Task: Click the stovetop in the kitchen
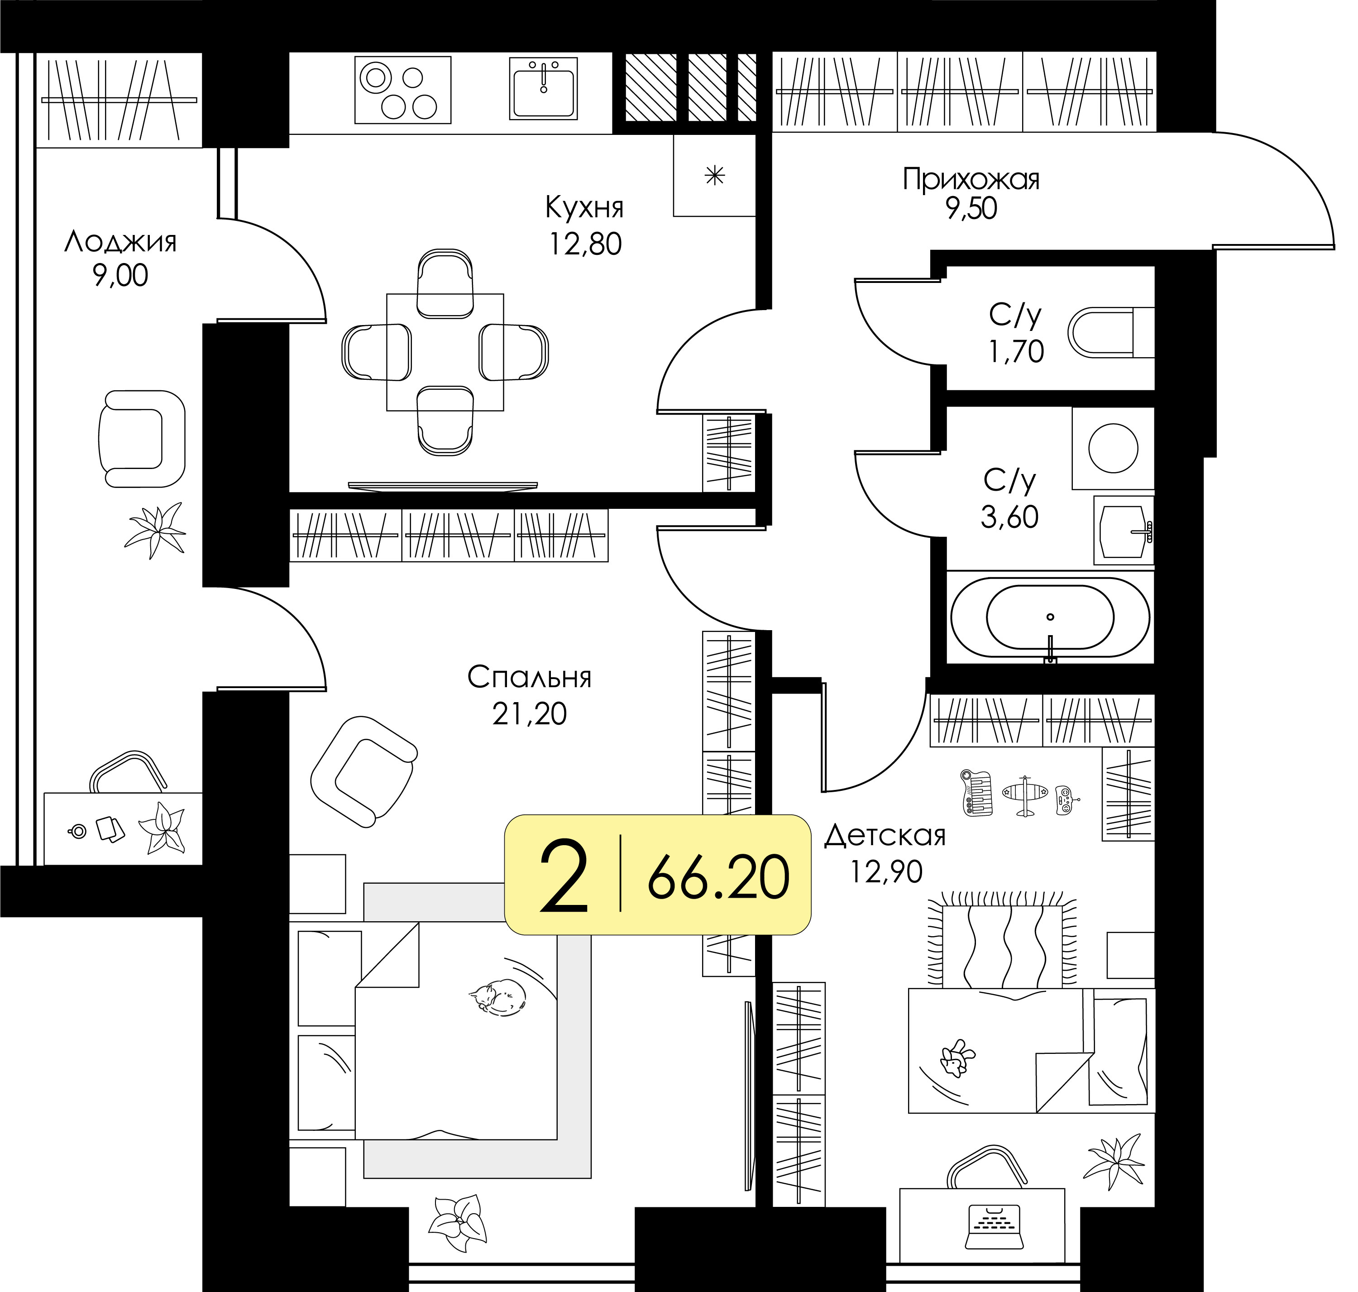coord(403,90)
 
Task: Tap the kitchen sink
coord(543,88)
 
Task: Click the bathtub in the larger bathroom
coord(1050,617)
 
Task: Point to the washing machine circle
coord(1113,448)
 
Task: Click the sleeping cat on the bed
coord(497,996)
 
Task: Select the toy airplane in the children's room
coord(1025,795)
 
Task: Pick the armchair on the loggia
coord(141,439)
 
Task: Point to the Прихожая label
coord(971,179)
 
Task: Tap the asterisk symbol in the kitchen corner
coord(715,176)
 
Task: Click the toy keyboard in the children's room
coord(976,794)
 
